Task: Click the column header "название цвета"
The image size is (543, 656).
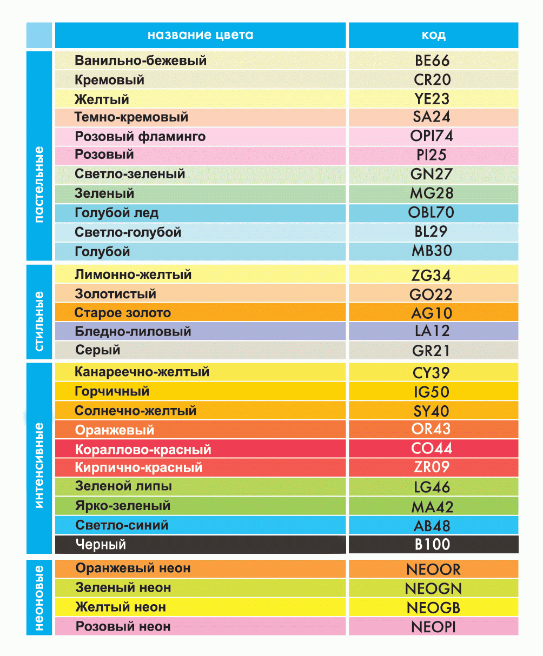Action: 200,36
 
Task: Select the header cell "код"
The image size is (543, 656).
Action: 433,36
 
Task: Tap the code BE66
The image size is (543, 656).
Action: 432,61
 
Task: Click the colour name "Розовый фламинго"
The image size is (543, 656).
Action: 140,136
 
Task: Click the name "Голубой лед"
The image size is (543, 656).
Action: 116,213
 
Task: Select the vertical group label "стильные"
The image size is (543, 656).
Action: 39,322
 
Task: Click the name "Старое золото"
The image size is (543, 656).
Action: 123,313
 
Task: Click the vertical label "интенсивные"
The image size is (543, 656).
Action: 39,465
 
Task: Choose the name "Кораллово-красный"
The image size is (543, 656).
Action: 143,450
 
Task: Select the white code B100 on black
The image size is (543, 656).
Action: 432,544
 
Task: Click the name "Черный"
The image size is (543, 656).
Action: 101,544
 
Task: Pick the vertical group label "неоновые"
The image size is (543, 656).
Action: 39,597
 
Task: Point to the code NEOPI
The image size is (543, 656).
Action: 433,627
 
